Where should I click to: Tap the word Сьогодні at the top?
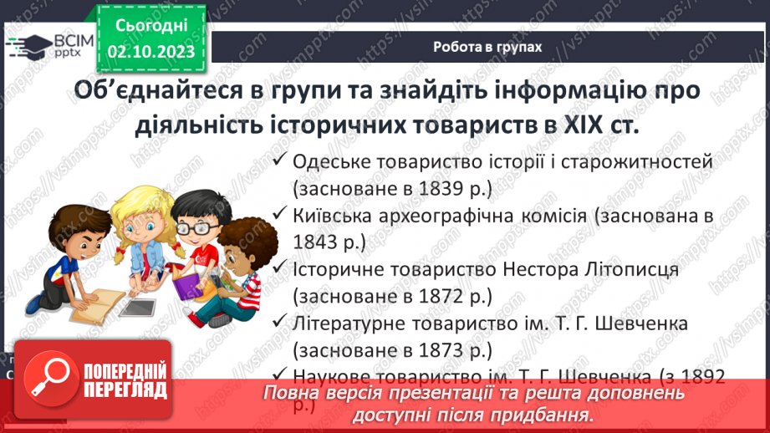151,26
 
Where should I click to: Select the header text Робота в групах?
487,48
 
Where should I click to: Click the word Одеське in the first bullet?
329,161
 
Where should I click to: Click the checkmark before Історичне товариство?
279,269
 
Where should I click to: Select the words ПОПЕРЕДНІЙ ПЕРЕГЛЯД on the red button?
124,380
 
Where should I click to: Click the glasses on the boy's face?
194,226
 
